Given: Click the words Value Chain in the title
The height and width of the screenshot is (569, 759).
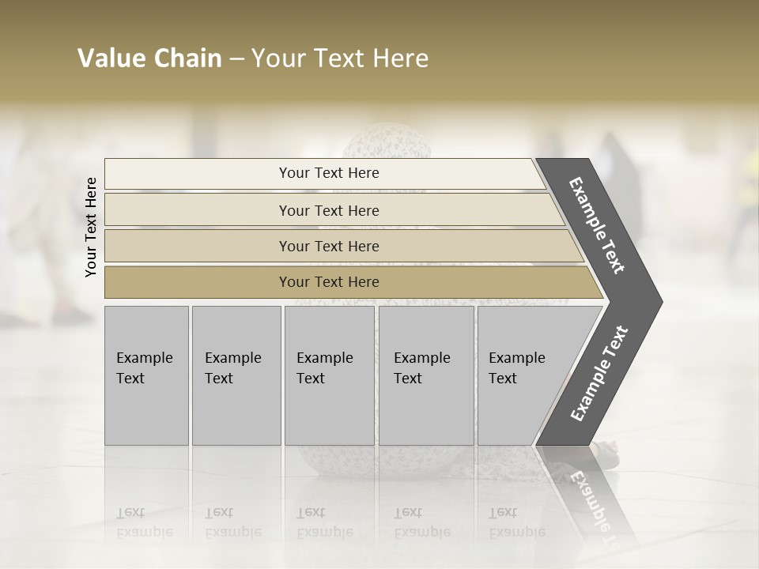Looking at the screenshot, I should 149,58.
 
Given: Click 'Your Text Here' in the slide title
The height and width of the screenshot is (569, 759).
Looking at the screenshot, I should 340,58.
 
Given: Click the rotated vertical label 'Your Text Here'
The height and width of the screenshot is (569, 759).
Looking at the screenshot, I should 91,227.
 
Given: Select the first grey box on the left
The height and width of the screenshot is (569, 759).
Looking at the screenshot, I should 146,375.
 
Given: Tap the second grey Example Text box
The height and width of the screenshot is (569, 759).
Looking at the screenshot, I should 236,375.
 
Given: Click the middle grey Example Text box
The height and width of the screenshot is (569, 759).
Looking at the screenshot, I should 329,375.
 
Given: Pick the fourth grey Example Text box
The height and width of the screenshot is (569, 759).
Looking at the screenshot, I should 425,375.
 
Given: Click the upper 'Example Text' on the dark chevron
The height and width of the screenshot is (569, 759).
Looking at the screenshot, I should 598,224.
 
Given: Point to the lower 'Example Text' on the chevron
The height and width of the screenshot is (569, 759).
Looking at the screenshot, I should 599,373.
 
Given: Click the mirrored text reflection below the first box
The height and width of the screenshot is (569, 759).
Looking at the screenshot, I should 144,522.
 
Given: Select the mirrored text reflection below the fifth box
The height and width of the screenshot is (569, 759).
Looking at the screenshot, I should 515,522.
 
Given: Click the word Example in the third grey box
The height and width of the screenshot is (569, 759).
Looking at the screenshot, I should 324,358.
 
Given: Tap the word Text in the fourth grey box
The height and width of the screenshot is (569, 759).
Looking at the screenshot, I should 408,379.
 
